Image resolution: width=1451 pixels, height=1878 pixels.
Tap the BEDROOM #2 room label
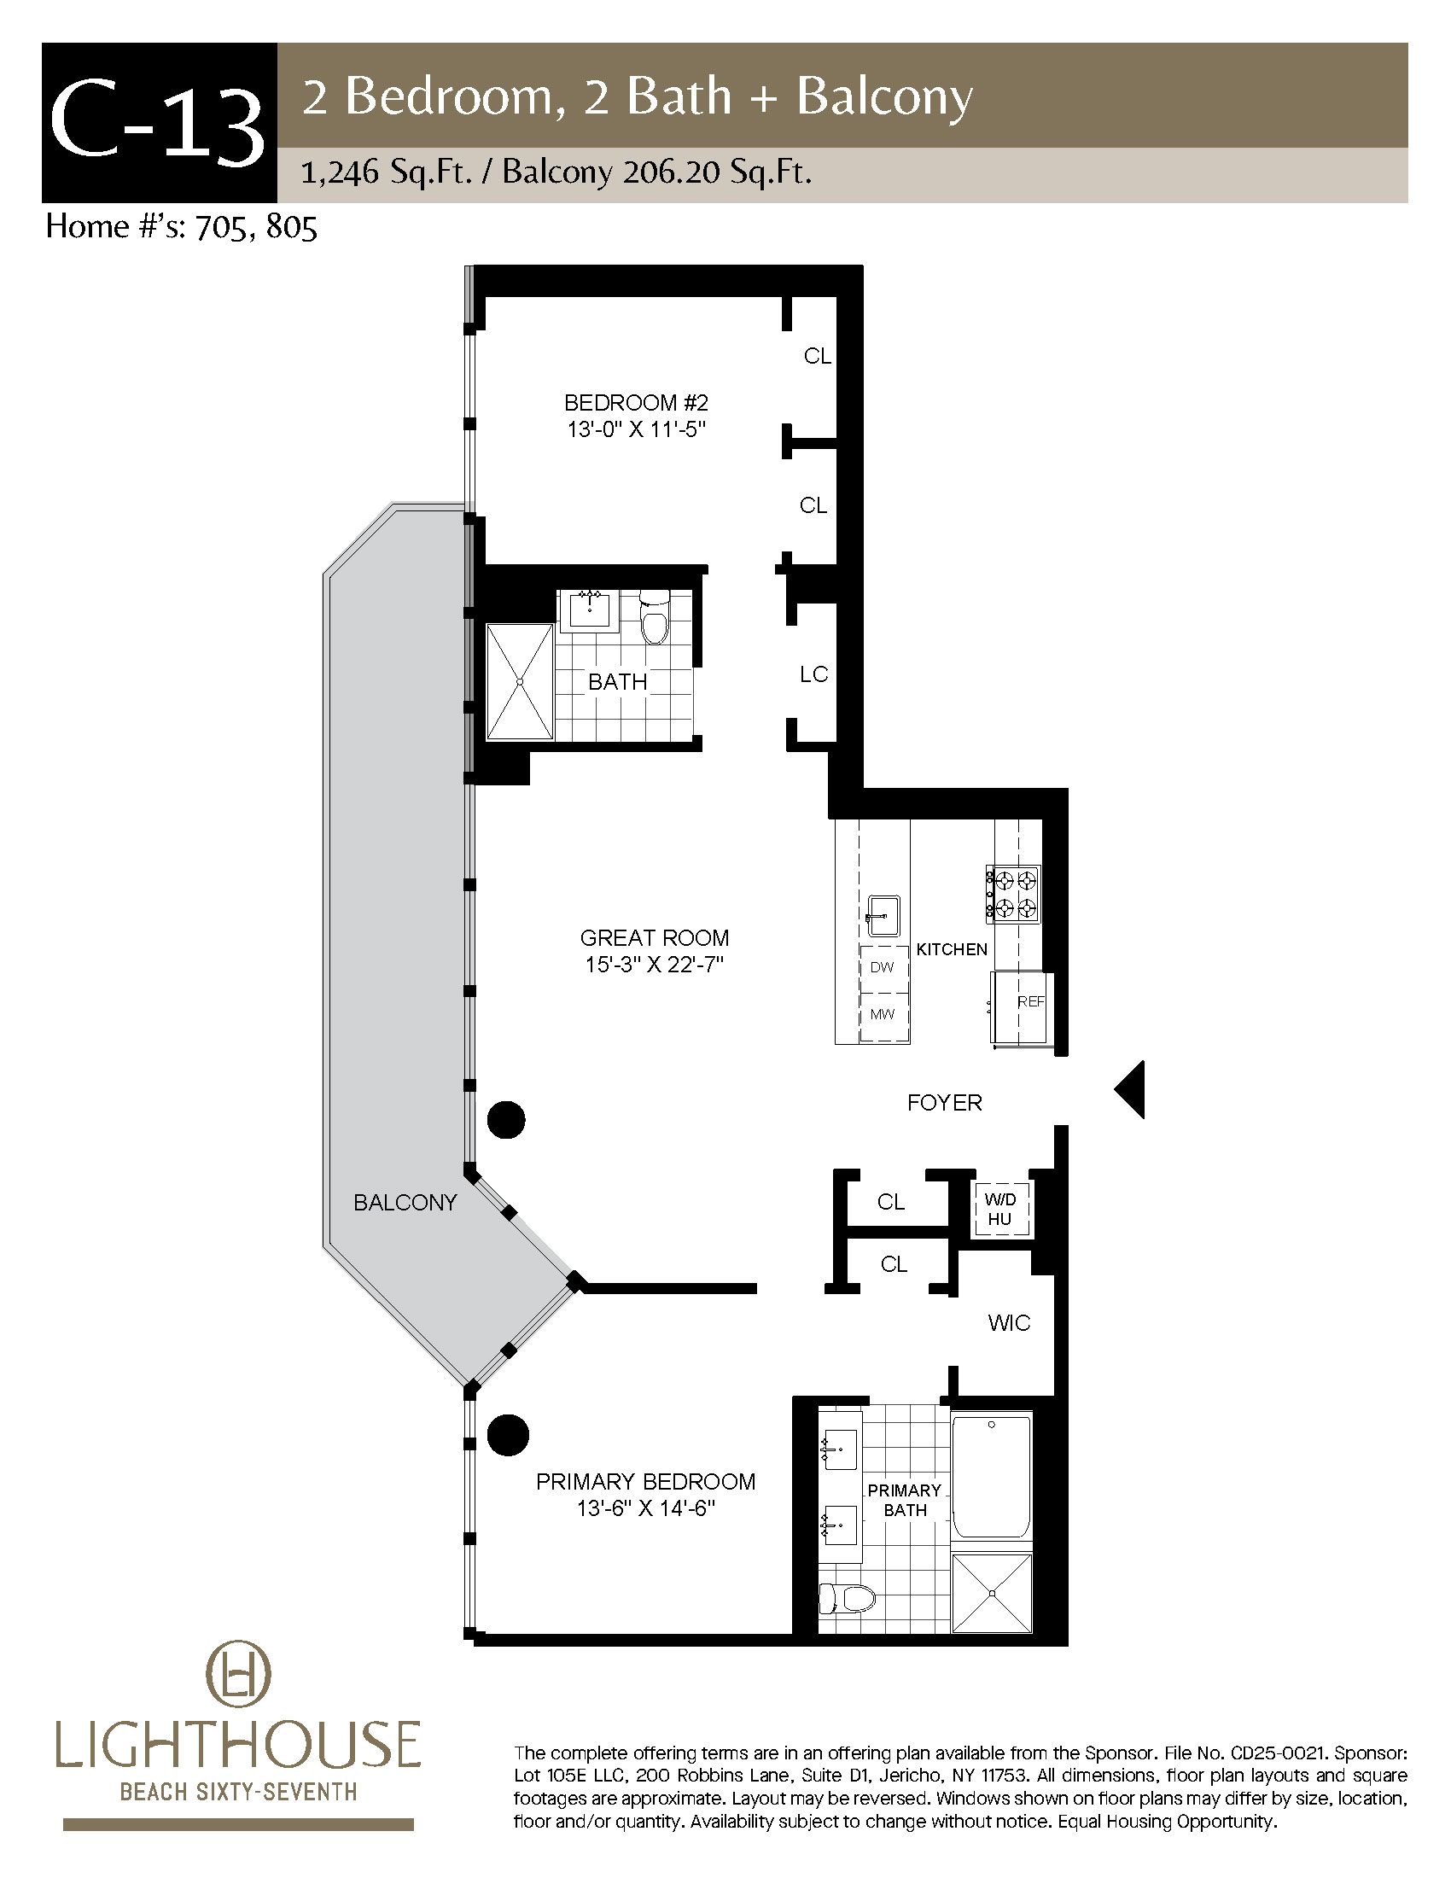pyautogui.click(x=636, y=402)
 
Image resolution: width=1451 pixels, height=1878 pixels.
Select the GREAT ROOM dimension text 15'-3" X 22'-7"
pyautogui.click(x=655, y=965)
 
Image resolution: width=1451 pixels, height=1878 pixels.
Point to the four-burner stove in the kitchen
pyautogui.click(x=1013, y=894)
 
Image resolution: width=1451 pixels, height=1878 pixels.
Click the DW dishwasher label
pyautogui.click(x=882, y=966)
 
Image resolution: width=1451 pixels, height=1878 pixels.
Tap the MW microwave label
pyautogui.click(x=882, y=1014)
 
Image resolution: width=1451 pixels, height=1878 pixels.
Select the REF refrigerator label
pyautogui.click(x=1031, y=1002)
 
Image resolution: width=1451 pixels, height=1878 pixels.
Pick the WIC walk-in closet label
pyautogui.click(x=1009, y=1322)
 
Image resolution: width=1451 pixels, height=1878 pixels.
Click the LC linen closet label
pyautogui.click(x=813, y=674)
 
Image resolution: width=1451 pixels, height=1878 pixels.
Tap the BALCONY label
pyautogui.click(x=405, y=1202)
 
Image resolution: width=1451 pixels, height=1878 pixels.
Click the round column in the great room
pyautogui.click(x=506, y=1120)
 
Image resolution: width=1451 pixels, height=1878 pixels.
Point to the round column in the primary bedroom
pyautogui.click(x=506, y=1435)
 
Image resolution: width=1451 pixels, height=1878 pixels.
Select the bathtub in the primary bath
pyautogui.click(x=991, y=1478)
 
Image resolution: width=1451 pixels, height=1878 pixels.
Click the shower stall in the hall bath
pyautogui.click(x=520, y=682)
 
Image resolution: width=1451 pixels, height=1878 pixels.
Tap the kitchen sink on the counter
pyautogui.click(x=883, y=915)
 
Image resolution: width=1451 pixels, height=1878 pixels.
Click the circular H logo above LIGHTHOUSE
pyautogui.click(x=238, y=1687)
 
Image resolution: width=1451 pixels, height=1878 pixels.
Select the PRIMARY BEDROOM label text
pyautogui.click(x=645, y=1482)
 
